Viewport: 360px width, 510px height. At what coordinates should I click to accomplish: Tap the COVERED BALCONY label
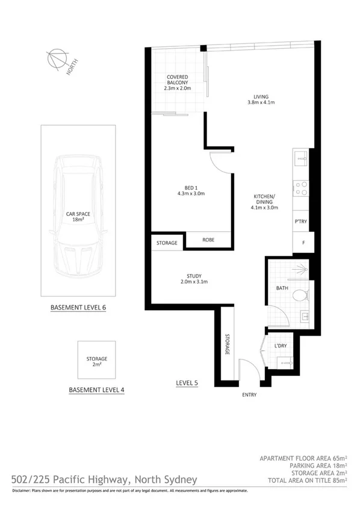click(177, 82)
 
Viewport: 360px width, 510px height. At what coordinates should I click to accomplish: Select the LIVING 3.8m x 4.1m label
click(260, 99)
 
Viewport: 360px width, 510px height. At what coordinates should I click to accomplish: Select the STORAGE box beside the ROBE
click(167, 243)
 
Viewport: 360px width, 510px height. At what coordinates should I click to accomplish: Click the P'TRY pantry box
click(300, 222)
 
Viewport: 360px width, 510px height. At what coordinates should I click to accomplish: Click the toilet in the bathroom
click(302, 296)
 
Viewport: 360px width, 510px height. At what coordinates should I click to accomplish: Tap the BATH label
click(282, 288)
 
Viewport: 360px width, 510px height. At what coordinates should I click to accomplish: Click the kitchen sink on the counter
click(300, 159)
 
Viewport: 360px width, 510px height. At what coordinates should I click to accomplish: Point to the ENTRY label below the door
click(249, 395)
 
